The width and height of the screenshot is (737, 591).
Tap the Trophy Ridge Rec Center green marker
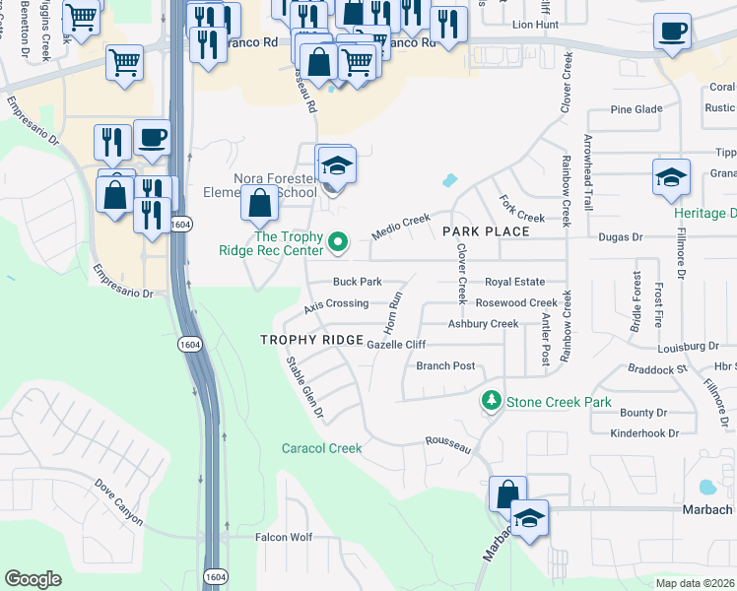[x=338, y=240]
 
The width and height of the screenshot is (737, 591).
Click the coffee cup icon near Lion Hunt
[x=672, y=31]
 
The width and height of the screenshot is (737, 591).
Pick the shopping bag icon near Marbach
[x=507, y=493]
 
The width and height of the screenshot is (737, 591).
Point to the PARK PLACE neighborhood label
[x=486, y=230]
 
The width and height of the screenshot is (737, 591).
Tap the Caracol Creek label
[x=323, y=448]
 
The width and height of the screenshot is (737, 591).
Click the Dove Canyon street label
[x=119, y=501]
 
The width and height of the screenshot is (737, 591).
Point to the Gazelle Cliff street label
[x=395, y=344]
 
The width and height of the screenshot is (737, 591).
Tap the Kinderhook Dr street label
[x=644, y=432]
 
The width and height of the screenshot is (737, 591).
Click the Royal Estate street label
[x=514, y=282]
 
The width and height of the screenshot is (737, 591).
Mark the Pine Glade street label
[x=633, y=109]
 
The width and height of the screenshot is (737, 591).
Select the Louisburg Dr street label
[x=686, y=347]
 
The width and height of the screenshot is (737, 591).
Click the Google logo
[x=33, y=579]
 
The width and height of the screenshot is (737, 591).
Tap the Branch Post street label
[x=445, y=365]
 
